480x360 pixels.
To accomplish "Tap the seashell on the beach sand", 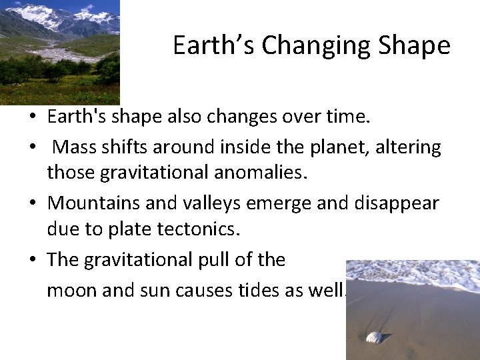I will pos(373,337).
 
